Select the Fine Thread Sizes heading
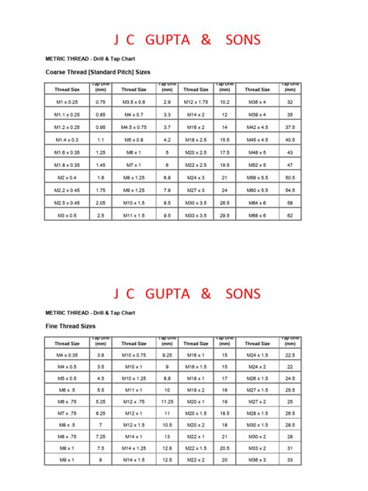tap(66, 326)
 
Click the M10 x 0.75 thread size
tap(132, 354)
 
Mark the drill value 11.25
tap(166, 402)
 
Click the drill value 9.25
tap(166, 354)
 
